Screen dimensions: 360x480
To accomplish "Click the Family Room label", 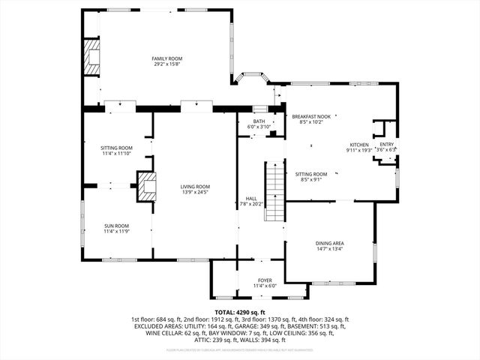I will (167, 58).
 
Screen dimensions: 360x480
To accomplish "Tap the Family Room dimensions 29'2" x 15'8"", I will (167, 64).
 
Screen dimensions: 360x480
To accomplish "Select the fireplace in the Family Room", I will (91, 57).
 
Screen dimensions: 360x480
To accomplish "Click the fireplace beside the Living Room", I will (145, 186).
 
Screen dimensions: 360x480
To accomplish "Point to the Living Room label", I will (195, 187).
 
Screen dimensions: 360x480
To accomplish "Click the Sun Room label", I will (116, 226).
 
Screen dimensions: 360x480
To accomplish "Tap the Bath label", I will (259, 121).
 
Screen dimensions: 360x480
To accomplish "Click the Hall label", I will (251, 198).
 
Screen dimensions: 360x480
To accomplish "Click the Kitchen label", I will (359, 144).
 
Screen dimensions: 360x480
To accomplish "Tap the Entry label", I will (387, 144).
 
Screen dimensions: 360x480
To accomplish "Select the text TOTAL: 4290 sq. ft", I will (240, 312).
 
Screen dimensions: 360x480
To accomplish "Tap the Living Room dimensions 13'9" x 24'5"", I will (195, 193).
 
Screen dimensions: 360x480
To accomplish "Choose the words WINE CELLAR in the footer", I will (154, 334).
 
